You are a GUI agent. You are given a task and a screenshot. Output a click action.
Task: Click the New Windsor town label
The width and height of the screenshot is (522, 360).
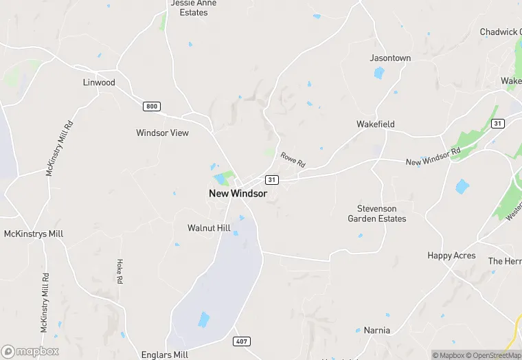238,194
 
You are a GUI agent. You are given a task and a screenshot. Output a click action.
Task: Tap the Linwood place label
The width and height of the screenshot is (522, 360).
99,82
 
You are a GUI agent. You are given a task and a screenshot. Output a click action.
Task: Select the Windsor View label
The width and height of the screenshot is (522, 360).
162,133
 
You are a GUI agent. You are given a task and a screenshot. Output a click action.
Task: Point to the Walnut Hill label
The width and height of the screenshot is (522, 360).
209,228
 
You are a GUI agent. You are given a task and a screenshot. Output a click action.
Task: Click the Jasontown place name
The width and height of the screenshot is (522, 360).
390,58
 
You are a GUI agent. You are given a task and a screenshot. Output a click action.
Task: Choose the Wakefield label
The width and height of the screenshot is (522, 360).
375,124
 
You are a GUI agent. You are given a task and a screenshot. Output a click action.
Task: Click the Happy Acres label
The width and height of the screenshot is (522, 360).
451,256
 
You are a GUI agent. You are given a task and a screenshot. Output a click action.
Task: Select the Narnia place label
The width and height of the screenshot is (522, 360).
376,330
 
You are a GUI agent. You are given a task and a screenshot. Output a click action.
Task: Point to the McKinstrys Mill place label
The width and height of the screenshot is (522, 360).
34,234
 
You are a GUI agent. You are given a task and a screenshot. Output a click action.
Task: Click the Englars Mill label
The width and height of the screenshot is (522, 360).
164,355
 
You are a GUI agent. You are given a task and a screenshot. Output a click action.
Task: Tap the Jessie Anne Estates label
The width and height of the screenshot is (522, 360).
193,8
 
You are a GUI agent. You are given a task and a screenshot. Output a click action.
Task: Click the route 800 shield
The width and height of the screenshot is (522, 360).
152,106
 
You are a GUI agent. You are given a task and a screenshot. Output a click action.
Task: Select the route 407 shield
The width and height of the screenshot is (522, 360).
242,341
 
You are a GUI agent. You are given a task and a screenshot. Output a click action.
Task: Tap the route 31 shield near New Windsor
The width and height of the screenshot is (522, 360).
272,179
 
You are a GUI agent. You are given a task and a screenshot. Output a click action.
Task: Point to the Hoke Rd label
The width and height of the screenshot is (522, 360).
120,271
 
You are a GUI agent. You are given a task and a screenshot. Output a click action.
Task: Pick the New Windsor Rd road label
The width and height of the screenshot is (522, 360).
433,157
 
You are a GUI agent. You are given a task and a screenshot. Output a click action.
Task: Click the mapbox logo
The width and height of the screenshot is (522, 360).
30,351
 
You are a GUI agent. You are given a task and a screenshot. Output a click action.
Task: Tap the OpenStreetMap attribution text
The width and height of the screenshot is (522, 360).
495,355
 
